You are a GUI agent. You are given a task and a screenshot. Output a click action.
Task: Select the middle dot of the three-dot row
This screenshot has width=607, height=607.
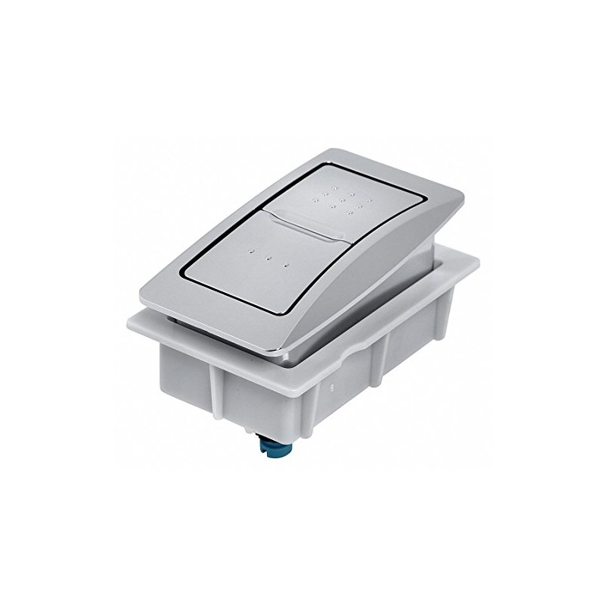tap(268, 258)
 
